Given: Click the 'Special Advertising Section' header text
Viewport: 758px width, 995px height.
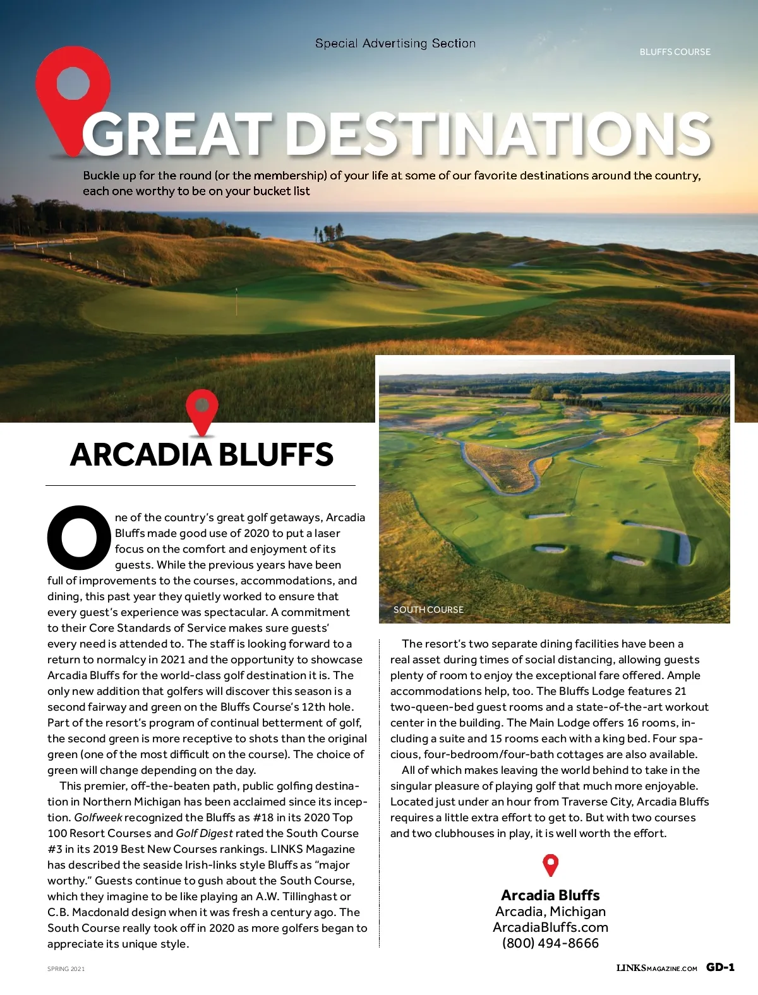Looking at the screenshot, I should (x=395, y=44).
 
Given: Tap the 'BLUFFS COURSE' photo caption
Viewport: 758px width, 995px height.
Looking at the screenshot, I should (x=675, y=52).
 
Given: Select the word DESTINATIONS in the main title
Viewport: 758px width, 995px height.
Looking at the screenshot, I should (x=499, y=134).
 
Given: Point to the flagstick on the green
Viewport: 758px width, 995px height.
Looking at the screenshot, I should (x=236, y=301).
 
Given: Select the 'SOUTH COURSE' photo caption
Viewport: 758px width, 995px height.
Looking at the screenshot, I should (x=428, y=610).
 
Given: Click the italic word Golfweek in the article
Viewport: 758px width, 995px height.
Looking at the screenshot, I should (x=98, y=817).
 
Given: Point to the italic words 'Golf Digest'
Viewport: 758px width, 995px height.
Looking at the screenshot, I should (x=204, y=833).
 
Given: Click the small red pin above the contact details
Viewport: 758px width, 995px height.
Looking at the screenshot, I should (x=551, y=865).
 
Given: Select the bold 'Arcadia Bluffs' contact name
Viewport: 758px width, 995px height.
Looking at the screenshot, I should (x=550, y=895).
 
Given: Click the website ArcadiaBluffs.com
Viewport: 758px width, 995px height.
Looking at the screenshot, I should (x=550, y=927).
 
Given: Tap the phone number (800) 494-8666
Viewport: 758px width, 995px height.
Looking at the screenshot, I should (x=550, y=943).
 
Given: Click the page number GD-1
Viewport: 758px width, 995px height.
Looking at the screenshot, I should (x=720, y=967).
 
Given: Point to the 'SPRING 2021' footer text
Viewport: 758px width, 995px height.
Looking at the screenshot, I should (x=66, y=968).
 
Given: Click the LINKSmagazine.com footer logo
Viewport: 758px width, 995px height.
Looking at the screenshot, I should (x=656, y=968).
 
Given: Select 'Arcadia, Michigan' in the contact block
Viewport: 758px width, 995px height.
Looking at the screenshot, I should (x=550, y=912).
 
